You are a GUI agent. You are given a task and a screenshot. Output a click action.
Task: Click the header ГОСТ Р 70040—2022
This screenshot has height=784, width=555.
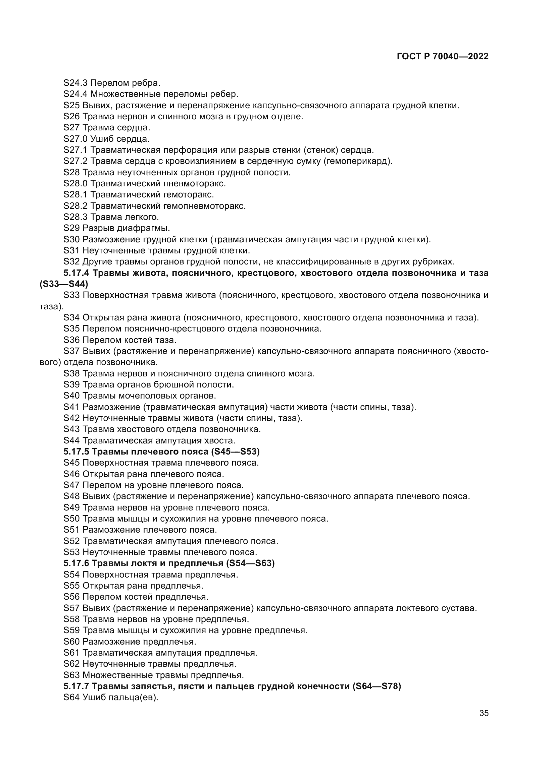click(443, 57)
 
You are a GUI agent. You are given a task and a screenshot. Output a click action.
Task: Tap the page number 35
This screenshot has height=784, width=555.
click(484, 713)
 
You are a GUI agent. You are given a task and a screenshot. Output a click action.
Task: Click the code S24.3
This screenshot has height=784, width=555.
click(75, 83)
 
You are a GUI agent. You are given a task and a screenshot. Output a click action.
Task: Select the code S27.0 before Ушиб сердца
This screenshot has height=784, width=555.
click(75, 139)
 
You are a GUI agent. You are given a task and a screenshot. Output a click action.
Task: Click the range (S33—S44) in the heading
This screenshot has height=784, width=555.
click(64, 284)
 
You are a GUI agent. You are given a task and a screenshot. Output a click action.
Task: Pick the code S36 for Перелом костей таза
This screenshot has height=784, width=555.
click(72, 340)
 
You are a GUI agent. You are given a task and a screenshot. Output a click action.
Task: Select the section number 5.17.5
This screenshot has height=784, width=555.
click(77, 452)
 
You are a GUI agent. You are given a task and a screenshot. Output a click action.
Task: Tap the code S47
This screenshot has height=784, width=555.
click(72, 485)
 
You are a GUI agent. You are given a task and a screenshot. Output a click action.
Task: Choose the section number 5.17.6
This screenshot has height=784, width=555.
click(77, 563)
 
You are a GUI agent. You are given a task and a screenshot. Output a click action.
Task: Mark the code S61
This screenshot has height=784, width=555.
click(72, 653)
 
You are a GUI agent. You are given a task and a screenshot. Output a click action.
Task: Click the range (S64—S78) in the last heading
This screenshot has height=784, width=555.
click(376, 686)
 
